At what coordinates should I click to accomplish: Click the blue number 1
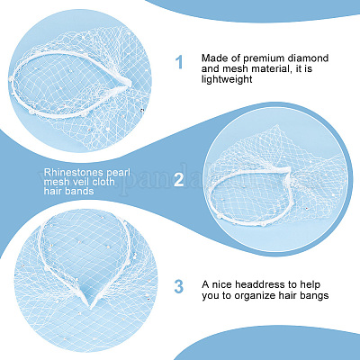(x=179, y=62)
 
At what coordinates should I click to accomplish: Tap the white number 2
(x=179, y=179)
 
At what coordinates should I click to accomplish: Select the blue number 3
(x=178, y=286)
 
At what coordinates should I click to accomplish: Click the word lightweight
(x=227, y=80)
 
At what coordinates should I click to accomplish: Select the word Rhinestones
(x=69, y=172)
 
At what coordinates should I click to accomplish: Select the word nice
(x=221, y=284)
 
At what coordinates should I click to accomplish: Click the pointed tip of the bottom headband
(x=90, y=307)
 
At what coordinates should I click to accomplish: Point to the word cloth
(x=104, y=182)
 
